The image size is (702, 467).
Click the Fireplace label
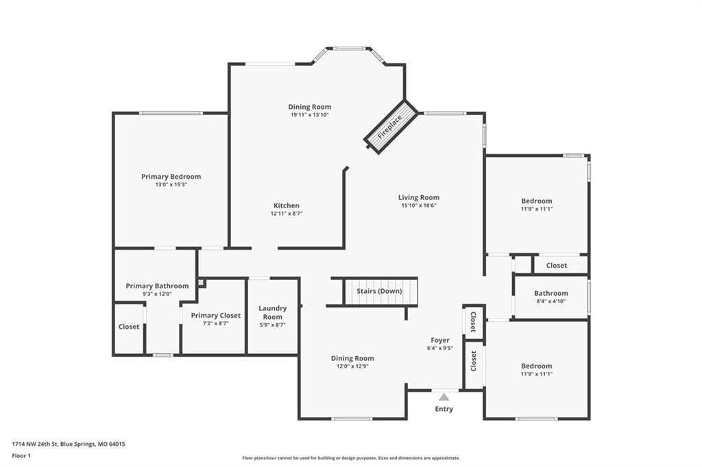(389, 127)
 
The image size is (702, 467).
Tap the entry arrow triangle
(444, 396)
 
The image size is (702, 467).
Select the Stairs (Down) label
(379, 291)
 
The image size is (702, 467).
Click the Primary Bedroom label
(171, 177)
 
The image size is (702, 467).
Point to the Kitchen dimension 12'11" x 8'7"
(287, 214)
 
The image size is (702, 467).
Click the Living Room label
(419, 197)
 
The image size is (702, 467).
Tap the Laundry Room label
(273, 313)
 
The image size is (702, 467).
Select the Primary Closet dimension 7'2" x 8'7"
(216, 323)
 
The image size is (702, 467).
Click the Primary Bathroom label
(157, 286)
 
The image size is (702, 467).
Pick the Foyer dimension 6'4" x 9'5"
(440, 348)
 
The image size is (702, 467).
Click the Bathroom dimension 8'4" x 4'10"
(550, 301)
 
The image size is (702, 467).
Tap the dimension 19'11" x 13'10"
(310, 115)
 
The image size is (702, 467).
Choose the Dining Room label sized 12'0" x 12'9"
(352, 358)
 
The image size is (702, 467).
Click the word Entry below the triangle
(444, 409)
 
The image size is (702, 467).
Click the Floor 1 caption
(21, 456)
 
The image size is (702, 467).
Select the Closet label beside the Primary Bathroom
(129, 327)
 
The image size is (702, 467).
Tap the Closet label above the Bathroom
(557, 265)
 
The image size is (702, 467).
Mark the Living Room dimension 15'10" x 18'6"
(419, 205)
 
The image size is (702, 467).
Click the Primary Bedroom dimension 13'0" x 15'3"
(171, 185)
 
